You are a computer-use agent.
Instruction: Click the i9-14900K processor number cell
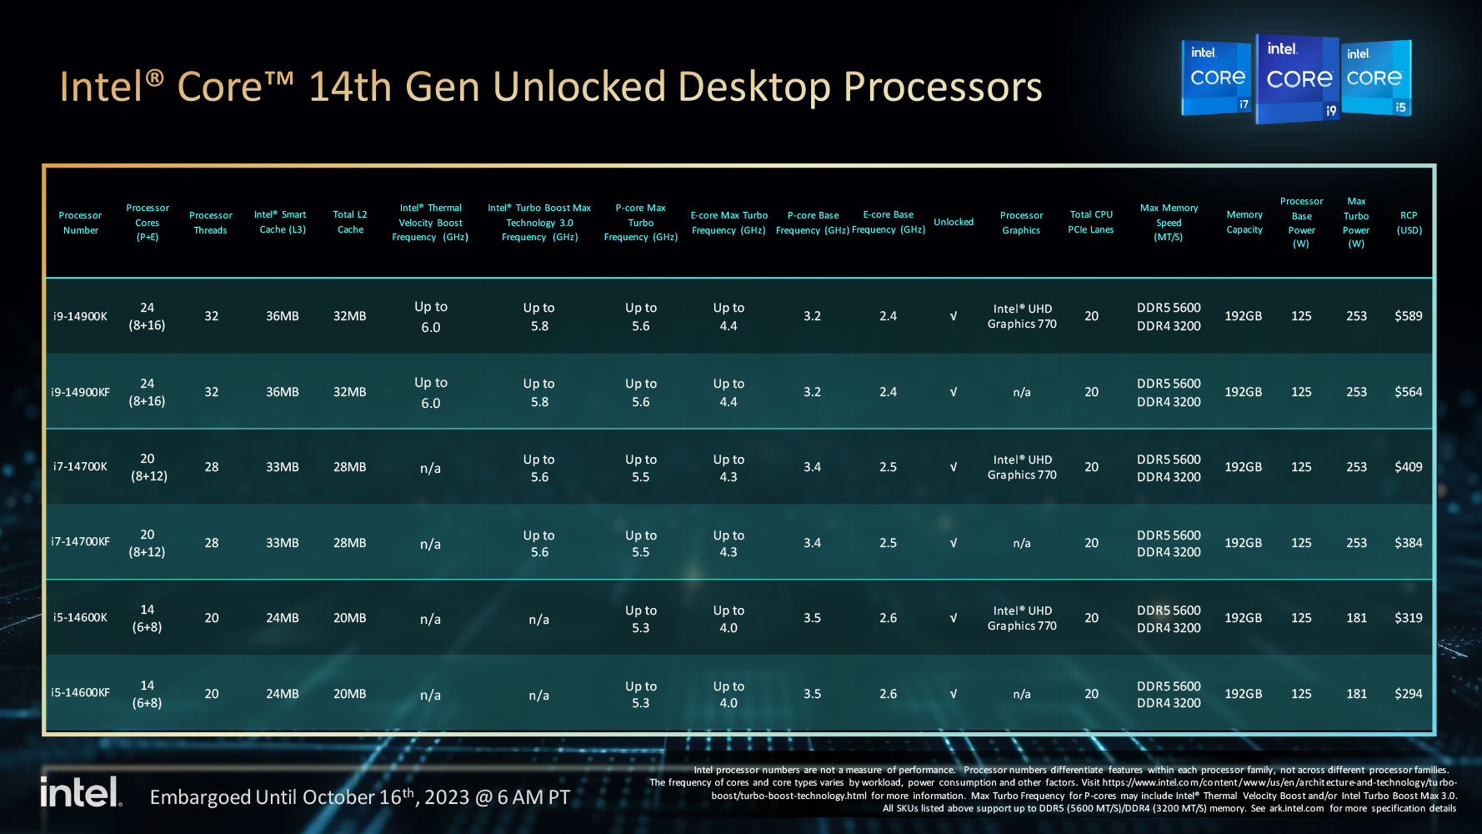(x=80, y=316)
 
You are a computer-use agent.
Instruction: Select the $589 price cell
(x=1408, y=316)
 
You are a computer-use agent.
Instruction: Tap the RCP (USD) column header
(x=1409, y=223)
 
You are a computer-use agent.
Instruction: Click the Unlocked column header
(x=954, y=222)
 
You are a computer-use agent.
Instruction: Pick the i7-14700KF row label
(x=80, y=542)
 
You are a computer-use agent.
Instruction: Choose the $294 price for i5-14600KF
(x=1408, y=694)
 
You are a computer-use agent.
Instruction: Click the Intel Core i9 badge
(x=1298, y=78)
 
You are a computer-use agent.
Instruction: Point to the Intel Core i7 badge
(x=1217, y=78)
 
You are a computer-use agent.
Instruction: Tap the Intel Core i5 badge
(x=1375, y=78)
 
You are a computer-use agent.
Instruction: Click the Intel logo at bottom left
(x=81, y=792)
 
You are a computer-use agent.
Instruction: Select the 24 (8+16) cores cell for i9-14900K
(x=147, y=316)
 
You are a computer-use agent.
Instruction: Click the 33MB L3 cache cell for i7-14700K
(x=282, y=467)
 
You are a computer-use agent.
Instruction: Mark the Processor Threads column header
(x=211, y=223)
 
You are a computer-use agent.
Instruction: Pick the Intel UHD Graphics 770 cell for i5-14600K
(x=1022, y=618)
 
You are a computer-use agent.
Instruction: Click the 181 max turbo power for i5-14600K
(x=1356, y=618)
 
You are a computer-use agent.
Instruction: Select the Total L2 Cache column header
(x=350, y=222)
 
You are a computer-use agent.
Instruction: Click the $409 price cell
(x=1408, y=467)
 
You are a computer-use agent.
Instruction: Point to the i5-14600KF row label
(x=80, y=693)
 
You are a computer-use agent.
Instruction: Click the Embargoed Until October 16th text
(x=359, y=797)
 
